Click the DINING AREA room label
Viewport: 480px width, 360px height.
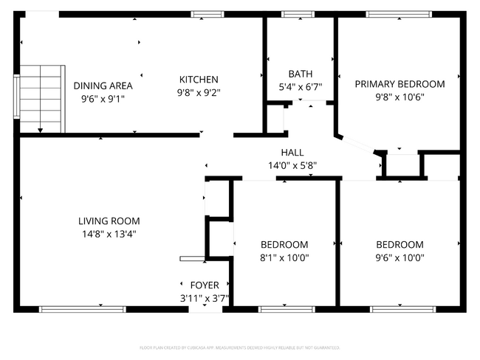tap(103, 86)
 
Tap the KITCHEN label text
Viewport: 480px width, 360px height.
tap(198, 80)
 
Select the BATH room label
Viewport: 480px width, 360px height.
tap(301, 74)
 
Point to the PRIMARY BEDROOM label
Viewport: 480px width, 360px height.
tap(400, 84)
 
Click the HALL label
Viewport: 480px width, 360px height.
tap(292, 153)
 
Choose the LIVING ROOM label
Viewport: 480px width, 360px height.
tap(109, 221)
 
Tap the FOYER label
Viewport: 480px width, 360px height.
tap(205, 285)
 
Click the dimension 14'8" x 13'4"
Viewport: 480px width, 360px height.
tap(109, 234)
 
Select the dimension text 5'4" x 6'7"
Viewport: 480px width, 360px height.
tap(301, 87)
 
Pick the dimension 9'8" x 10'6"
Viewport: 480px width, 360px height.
tap(400, 97)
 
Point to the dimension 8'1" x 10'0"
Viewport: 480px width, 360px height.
tap(284, 258)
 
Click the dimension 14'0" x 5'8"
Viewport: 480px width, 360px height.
tap(292, 166)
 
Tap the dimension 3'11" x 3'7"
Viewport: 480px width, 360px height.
tap(205, 299)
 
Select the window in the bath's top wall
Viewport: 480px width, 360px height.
tap(298, 14)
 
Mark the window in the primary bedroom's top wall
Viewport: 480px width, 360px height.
tap(399, 14)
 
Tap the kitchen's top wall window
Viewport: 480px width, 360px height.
tap(208, 14)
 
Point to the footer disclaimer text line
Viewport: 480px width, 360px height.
tap(239, 347)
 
